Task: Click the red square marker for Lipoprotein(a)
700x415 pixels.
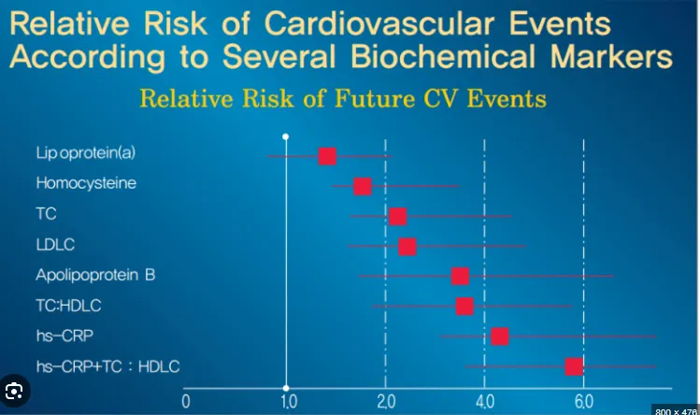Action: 327,156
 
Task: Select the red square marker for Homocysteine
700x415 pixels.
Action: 363,186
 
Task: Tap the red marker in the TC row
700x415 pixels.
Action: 397,217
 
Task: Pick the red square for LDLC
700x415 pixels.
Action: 407,247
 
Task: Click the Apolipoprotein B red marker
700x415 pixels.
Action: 460,276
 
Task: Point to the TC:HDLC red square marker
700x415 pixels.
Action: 464,307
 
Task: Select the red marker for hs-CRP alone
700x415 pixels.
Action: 499,336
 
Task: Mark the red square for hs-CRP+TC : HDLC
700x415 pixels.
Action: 573,366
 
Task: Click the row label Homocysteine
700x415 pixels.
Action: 86,184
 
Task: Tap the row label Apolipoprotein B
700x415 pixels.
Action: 94,276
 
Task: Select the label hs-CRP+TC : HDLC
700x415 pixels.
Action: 107,365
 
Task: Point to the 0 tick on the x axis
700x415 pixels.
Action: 186,402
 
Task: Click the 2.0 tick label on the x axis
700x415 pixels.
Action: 384,402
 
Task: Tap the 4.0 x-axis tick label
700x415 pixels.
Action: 484,402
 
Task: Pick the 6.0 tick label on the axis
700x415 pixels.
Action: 583,402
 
